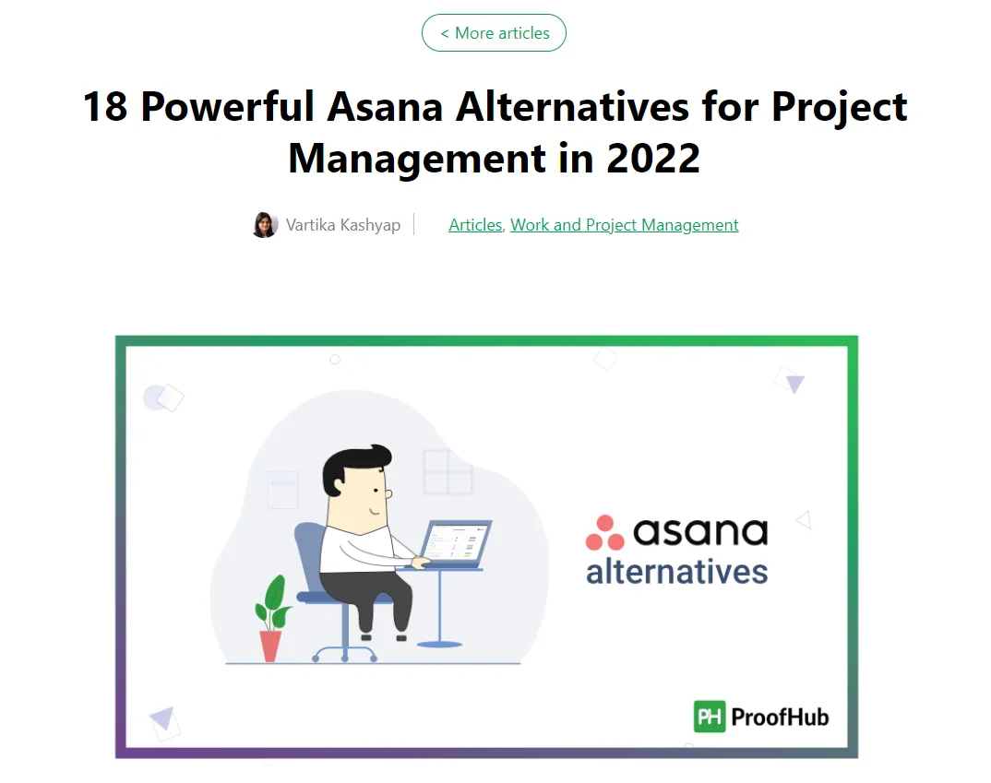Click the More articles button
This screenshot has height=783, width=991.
point(494,33)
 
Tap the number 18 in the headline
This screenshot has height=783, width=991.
point(105,106)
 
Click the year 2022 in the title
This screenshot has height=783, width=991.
point(653,158)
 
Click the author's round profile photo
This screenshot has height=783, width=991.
point(266,225)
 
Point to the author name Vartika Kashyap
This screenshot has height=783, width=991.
point(343,225)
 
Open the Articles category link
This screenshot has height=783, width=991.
point(475,225)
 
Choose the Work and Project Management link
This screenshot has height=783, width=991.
point(625,225)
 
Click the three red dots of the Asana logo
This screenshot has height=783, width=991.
point(604,533)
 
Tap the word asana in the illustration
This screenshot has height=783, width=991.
point(700,531)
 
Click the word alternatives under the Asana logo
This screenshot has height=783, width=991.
point(677,572)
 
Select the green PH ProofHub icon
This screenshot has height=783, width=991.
point(710,717)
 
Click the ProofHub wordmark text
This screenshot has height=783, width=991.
point(780,718)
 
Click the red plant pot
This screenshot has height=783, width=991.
point(271,646)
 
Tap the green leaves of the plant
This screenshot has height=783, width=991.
point(273,602)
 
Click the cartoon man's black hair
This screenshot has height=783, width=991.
point(354,466)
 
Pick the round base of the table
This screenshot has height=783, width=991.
point(440,644)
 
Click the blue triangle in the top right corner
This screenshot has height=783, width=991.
point(795,384)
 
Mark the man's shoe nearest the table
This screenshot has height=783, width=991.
point(400,638)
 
